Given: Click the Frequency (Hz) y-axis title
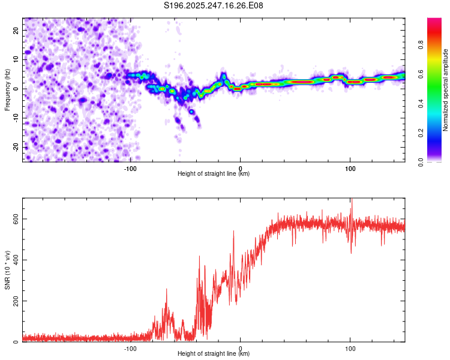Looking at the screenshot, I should click(7, 89).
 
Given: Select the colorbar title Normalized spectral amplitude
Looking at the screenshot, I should click(445, 90).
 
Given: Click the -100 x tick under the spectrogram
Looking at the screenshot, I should click(131, 169).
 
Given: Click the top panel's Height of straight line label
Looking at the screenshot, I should click(214, 174).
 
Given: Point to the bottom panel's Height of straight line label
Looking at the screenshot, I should click(214, 354).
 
